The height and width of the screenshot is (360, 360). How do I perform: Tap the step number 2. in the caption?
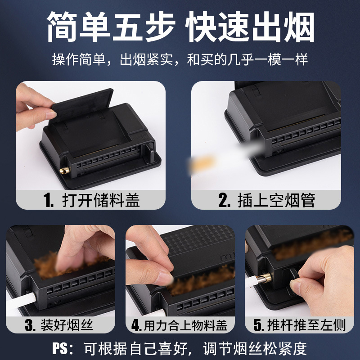224,200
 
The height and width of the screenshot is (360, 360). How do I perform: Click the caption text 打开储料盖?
101,200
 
